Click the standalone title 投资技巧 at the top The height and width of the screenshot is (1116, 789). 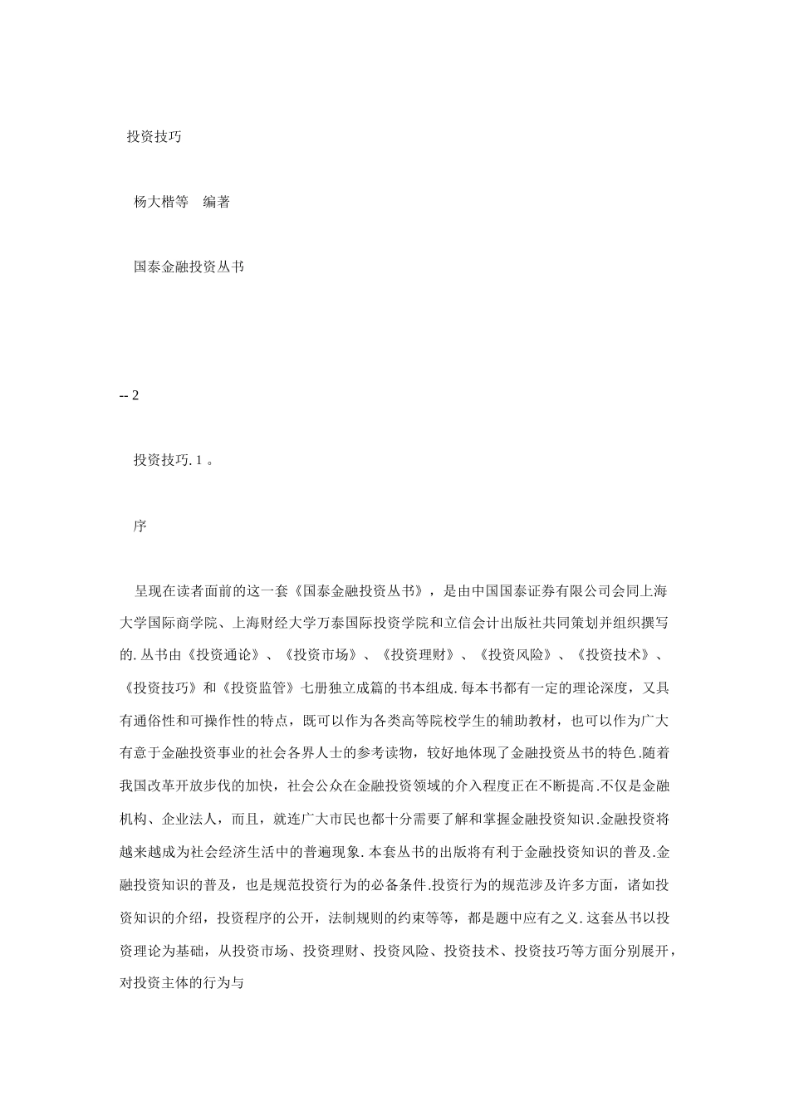154,137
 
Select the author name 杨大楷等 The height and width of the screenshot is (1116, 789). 161,202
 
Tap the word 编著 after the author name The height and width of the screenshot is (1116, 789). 217,202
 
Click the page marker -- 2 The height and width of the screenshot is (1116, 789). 130,395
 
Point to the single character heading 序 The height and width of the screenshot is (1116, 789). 140,526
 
